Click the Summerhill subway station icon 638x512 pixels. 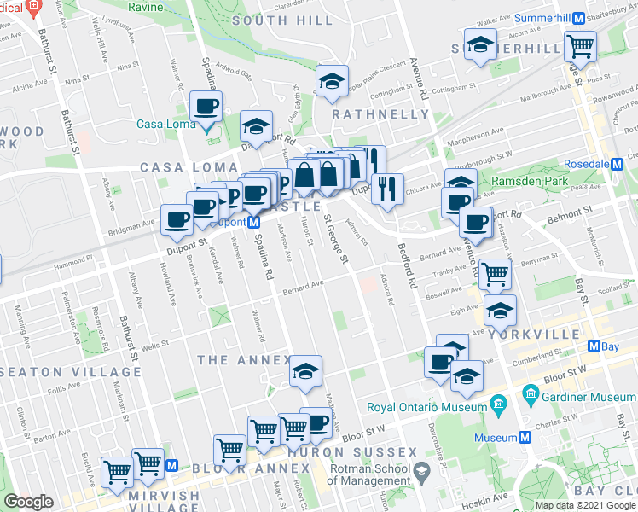(x=578, y=18)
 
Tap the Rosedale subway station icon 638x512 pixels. (x=629, y=163)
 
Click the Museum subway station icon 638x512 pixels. (x=525, y=437)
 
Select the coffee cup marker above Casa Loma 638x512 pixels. (x=206, y=108)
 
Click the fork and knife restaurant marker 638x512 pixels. (x=387, y=189)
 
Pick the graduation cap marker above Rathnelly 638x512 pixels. (x=331, y=82)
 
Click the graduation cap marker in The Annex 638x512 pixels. (x=304, y=371)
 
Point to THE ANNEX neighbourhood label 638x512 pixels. (x=244, y=360)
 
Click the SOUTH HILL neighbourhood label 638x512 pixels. (x=270, y=20)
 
